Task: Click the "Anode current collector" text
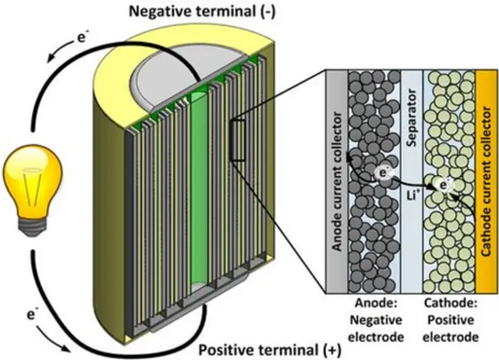point(337,180)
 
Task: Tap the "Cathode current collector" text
point(486,179)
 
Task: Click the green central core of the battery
point(201,195)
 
